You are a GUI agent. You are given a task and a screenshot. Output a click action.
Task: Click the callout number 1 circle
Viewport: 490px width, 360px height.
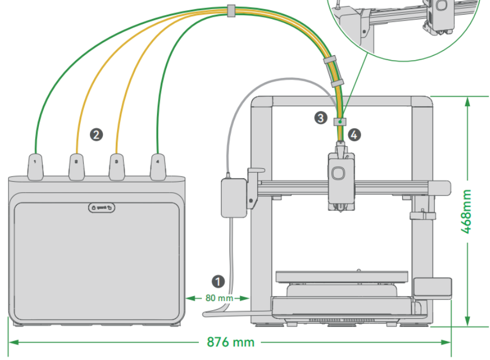(x=218, y=281)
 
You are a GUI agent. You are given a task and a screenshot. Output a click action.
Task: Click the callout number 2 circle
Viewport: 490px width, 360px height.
(x=96, y=134)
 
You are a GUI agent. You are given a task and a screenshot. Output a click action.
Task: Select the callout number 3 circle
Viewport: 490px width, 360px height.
(x=321, y=116)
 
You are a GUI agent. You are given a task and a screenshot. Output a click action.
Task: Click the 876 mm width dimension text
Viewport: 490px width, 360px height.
(x=231, y=343)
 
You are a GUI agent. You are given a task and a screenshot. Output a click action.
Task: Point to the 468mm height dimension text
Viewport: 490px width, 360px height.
(x=466, y=211)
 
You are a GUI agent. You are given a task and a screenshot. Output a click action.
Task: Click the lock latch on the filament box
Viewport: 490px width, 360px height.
(x=101, y=207)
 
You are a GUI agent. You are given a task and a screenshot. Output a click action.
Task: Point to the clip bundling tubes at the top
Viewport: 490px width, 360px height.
(x=231, y=9)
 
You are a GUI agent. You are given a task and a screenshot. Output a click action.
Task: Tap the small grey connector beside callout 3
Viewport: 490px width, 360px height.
(x=339, y=121)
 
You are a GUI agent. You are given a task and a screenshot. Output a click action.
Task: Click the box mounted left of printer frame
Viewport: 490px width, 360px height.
(x=232, y=198)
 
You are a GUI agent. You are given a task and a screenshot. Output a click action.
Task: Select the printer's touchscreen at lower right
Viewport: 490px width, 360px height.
(x=432, y=287)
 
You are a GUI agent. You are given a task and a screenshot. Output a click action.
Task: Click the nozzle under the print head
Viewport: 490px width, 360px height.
(x=340, y=207)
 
